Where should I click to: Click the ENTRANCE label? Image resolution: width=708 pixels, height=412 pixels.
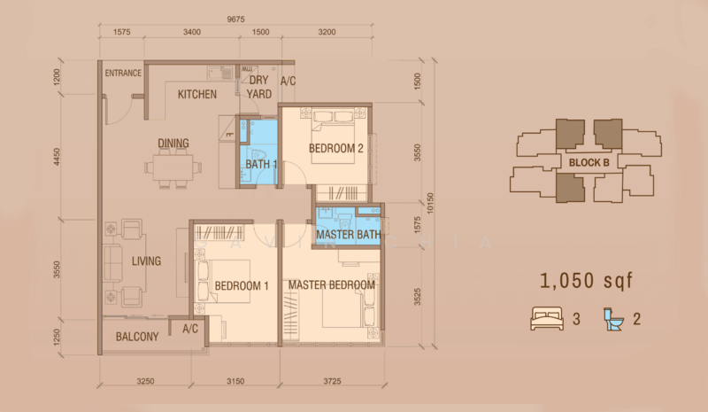124,73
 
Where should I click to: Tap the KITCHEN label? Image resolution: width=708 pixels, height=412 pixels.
197,94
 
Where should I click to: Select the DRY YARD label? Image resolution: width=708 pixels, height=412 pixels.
259,87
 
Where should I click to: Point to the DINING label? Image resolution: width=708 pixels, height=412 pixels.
173,143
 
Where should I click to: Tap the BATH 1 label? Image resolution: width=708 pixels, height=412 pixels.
262,165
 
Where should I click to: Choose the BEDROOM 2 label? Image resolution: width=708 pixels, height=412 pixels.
337,148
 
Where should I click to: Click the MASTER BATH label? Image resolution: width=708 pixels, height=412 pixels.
348,235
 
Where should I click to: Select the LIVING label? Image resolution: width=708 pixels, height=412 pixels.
147,260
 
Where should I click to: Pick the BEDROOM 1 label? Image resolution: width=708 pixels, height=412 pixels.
242,285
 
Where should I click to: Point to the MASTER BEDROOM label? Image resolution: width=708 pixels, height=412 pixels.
331,285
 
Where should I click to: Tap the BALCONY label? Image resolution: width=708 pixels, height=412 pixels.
137,337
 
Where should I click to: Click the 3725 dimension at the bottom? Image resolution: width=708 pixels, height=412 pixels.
334,382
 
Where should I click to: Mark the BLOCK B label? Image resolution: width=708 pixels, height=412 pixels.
589,162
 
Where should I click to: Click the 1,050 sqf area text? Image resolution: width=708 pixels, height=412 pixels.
587,282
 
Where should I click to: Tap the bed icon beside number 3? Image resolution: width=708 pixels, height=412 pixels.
546,318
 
